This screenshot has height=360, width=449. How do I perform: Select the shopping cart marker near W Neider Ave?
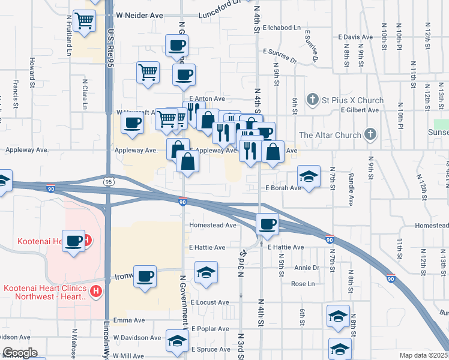coord(84,22)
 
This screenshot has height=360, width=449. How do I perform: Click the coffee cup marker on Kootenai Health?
coord(74,242)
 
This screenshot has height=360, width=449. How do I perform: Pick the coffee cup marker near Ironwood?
coord(144,277)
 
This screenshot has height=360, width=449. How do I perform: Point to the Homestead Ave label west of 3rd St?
coord(213,226)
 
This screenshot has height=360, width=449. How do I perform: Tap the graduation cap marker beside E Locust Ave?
coord(205,273)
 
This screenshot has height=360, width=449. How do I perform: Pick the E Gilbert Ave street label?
coord(359,110)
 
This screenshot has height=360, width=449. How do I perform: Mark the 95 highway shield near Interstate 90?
coord(108,181)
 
